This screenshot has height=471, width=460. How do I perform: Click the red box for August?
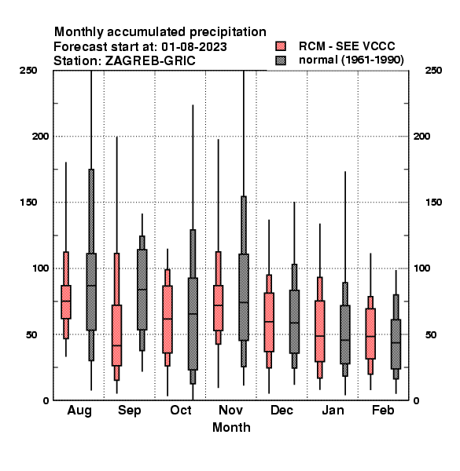point(66,302)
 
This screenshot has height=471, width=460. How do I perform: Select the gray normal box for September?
point(142,290)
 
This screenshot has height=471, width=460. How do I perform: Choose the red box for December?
point(269,322)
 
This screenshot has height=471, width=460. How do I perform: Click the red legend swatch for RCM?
point(281,46)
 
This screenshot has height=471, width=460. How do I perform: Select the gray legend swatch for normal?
point(281,60)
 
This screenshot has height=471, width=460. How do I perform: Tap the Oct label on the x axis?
point(181,410)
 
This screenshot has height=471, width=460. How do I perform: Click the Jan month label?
point(333,410)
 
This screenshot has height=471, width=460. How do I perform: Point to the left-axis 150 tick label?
point(29,203)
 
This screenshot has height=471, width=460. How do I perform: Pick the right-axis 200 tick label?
point(422,136)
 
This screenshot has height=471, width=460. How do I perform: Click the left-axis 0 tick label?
point(46,400)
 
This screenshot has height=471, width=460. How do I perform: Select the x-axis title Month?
point(231,427)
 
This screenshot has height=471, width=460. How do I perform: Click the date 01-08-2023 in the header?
point(194,47)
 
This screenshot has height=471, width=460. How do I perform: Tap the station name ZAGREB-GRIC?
point(150,61)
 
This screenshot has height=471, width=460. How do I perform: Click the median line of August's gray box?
point(91,286)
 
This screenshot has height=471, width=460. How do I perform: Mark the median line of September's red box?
point(116,345)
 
